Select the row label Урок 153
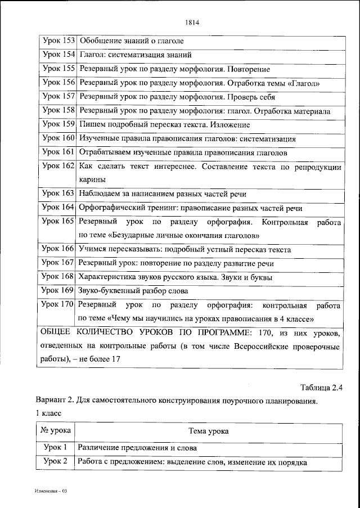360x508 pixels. [58, 41]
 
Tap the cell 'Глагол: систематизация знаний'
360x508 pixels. [136, 55]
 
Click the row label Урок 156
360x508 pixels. [58, 83]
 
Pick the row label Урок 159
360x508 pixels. [58, 124]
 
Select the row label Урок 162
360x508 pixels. [58, 166]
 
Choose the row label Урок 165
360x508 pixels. [58, 222]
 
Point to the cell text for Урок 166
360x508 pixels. [184, 249]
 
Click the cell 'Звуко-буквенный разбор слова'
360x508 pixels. [133, 291]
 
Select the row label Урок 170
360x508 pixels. [58, 305]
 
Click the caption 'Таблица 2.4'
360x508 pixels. [321, 387]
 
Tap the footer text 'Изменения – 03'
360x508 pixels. [51, 491]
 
